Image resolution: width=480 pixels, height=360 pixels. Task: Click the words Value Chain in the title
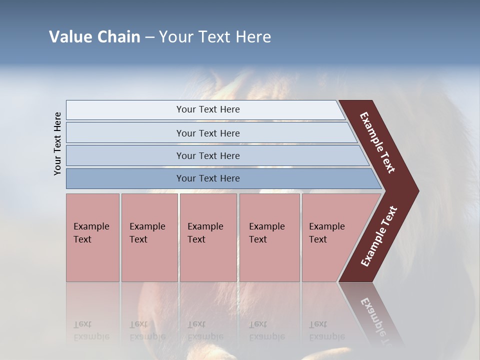pyautogui.click(x=94, y=37)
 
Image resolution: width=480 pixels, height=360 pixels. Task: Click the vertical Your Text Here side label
pyautogui.click(x=57, y=143)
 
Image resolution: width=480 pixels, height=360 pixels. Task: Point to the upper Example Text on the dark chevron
pyautogui.click(x=377, y=142)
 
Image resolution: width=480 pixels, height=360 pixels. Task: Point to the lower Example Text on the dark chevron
pyautogui.click(x=379, y=236)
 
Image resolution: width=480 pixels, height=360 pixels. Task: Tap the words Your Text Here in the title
pyautogui.click(x=215, y=37)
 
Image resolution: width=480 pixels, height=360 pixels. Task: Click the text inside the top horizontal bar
pyautogui.click(x=208, y=109)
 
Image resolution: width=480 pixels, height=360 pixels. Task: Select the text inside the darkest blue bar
pyautogui.click(x=208, y=178)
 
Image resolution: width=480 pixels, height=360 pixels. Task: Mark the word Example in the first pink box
pyautogui.click(x=91, y=226)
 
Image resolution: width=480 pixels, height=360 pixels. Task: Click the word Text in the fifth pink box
pyautogui.click(x=318, y=239)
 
